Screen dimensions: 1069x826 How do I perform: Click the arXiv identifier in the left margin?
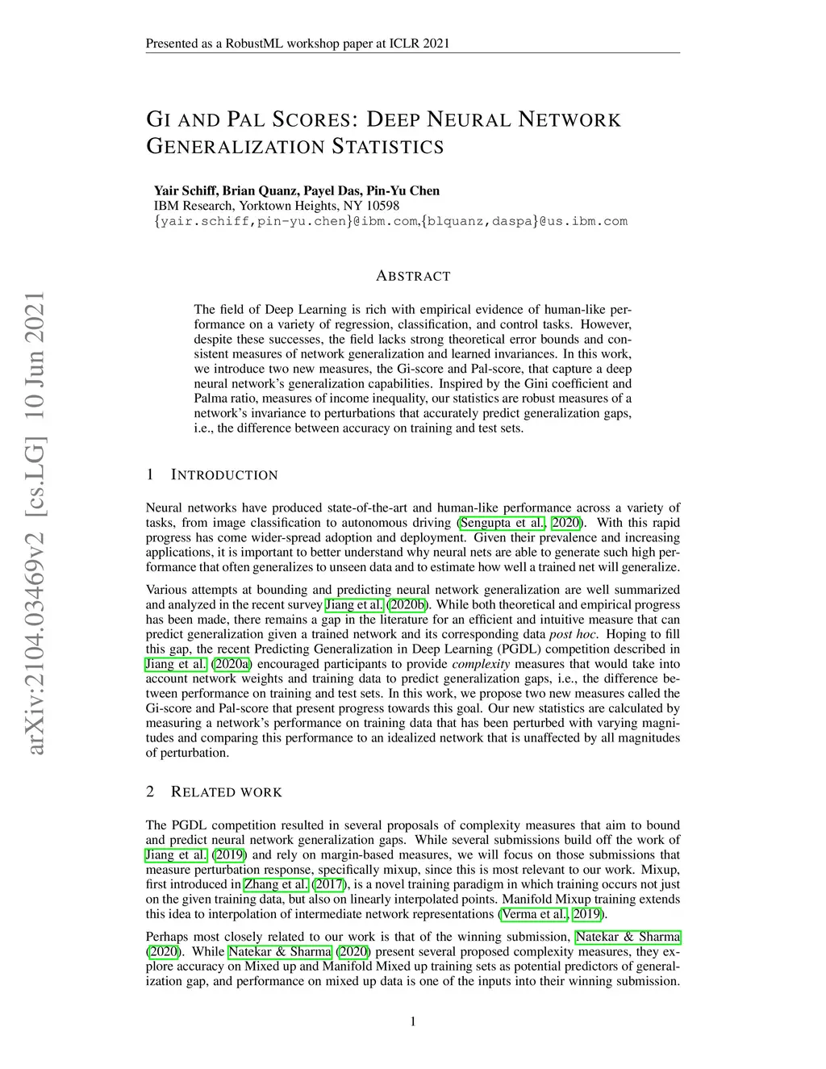(34, 524)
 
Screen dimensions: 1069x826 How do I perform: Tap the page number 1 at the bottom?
(413, 1022)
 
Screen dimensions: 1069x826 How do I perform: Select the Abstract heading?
(413, 276)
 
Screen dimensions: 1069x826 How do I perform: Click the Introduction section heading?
(225, 475)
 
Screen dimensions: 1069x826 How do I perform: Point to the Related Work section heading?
(227, 792)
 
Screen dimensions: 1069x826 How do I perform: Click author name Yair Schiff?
(185, 191)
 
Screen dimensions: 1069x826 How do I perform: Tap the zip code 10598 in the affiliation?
(384, 206)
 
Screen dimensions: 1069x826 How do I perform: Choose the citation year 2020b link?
(409, 605)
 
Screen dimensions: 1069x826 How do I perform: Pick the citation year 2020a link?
(232, 664)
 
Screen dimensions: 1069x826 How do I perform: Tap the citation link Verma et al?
(534, 914)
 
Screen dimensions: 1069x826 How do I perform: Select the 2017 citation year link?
(328, 884)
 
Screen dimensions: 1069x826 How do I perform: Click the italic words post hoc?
(573, 634)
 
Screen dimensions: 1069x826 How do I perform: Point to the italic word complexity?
(481, 664)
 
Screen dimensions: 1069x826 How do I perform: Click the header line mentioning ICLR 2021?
(298, 44)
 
